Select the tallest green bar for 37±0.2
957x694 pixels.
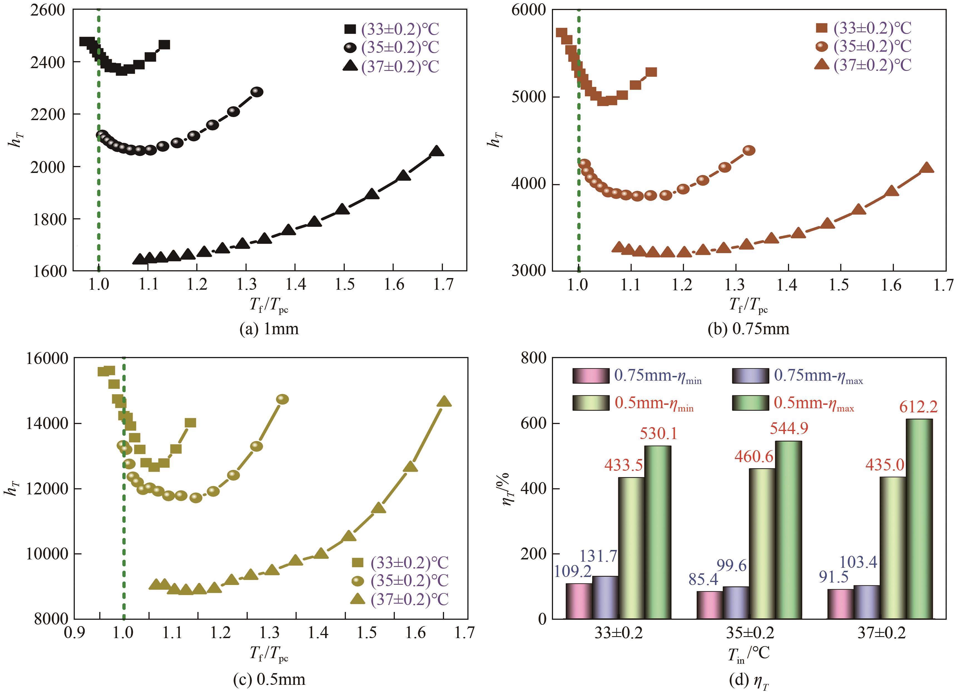tap(919, 519)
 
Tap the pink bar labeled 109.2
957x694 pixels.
tap(579, 601)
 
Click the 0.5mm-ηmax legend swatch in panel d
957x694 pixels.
tap(750, 403)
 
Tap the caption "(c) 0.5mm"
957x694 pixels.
tap(269, 679)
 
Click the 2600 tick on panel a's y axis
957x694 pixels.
tap(48, 10)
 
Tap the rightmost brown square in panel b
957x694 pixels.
tap(651, 72)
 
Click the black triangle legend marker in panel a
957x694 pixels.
tap(350, 66)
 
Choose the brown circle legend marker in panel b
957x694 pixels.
tap(822, 46)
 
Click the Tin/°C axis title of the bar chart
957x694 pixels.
tap(748, 654)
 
